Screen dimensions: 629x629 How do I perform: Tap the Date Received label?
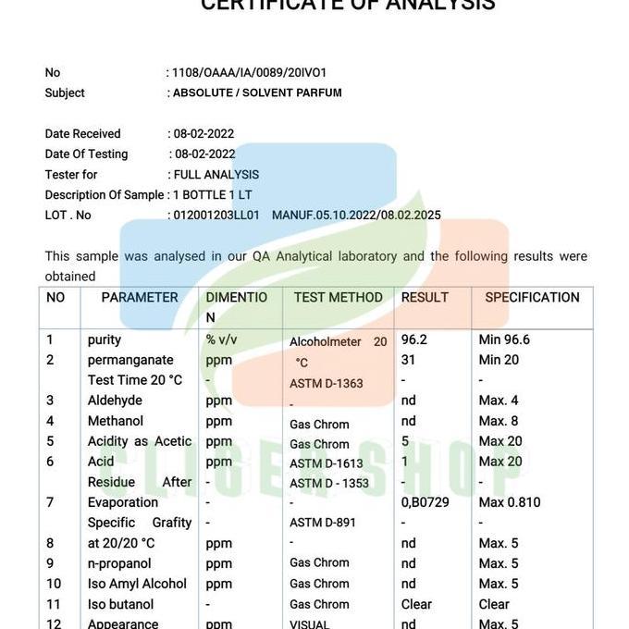pyautogui.click(x=83, y=133)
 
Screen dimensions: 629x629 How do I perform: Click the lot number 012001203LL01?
pyautogui.click(x=216, y=215)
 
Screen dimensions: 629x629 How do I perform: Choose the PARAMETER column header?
pyautogui.click(x=140, y=297)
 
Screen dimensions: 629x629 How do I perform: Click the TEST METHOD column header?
pyautogui.click(x=338, y=297)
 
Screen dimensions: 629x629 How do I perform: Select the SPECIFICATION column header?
pyautogui.click(x=532, y=297)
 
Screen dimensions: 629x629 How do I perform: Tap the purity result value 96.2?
pyautogui.click(x=414, y=339)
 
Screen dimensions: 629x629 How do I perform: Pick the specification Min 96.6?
pyautogui.click(x=504, y=339)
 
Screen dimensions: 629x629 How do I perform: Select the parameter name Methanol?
pyautogui.click(x=116, y=421)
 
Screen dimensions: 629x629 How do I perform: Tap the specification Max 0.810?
pyautogui.click(x=510, y=502)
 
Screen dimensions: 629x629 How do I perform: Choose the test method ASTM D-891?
pyautogui.click(x=323, y=523)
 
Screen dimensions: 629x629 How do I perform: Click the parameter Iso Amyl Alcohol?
pyautogui.click(x=137, y=584)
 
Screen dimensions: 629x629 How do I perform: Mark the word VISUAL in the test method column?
pyautogui.click(x=309, y=624)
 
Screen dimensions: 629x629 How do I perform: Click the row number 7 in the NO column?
pyautogui.click(x=50, y=502)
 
